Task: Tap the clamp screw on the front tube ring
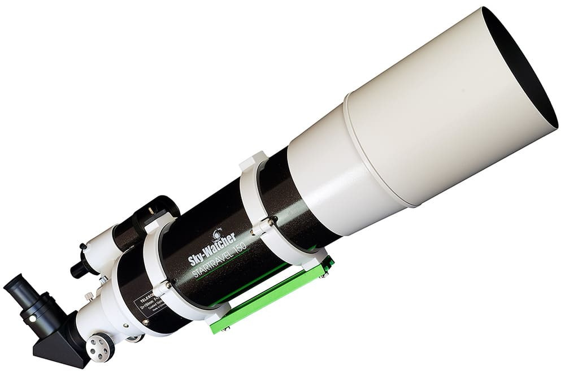click(x=271, y=223)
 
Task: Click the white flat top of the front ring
click(x=252, y=161)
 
